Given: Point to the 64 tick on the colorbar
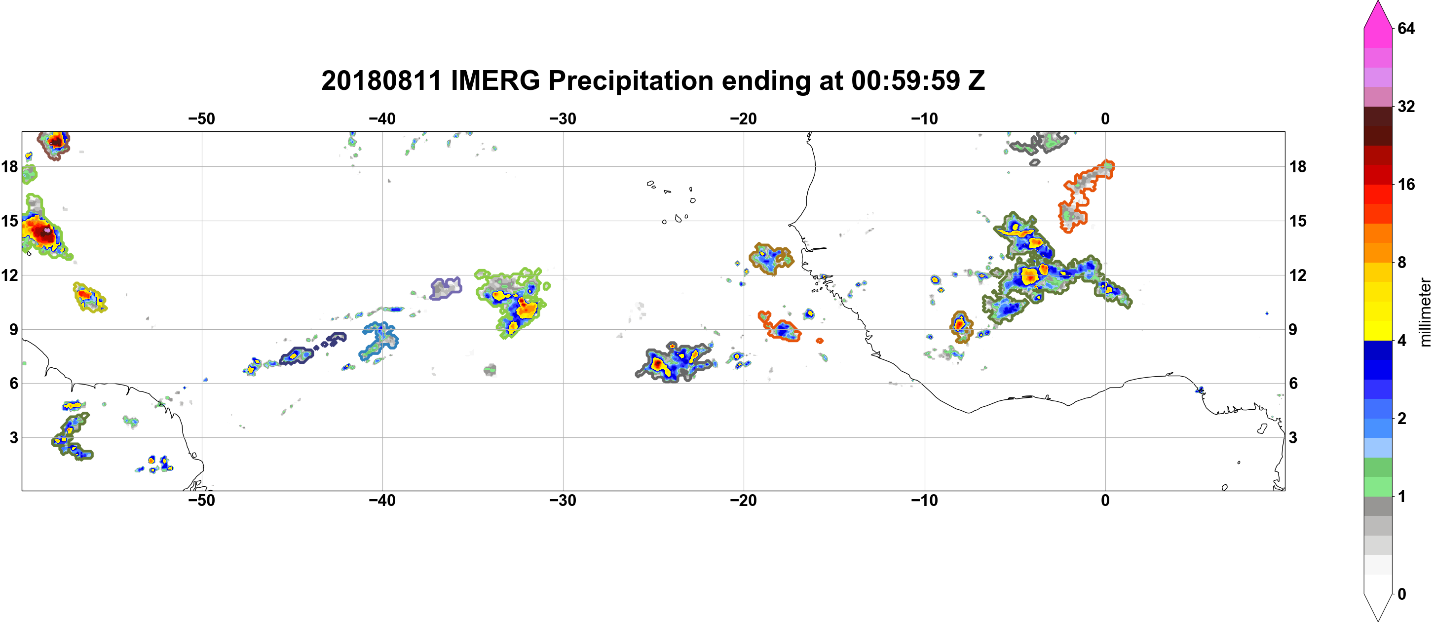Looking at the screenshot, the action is pos(1406,28).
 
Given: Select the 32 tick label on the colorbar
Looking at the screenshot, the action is pos(1406,106).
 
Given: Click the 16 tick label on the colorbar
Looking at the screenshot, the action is pos(1406,184).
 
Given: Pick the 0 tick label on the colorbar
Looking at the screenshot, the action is pos(1402,594).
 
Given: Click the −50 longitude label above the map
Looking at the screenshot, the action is pos(201,118).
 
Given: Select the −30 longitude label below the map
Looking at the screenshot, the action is pos(563,500).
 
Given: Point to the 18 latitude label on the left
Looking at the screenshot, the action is pos(9,166).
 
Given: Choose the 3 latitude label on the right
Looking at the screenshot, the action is pos(1293,437).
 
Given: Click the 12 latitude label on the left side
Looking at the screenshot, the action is pos(9,275).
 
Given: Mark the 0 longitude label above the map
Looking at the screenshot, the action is pos(1105,118).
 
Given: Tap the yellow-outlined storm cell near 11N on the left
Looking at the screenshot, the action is pos(89,297).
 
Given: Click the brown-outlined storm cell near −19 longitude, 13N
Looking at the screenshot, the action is pos(770,259).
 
